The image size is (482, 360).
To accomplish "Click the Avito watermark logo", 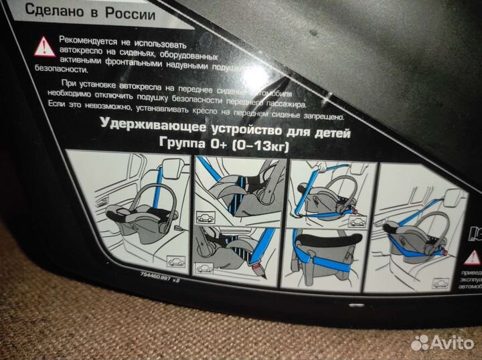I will [x=441, y=343].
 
